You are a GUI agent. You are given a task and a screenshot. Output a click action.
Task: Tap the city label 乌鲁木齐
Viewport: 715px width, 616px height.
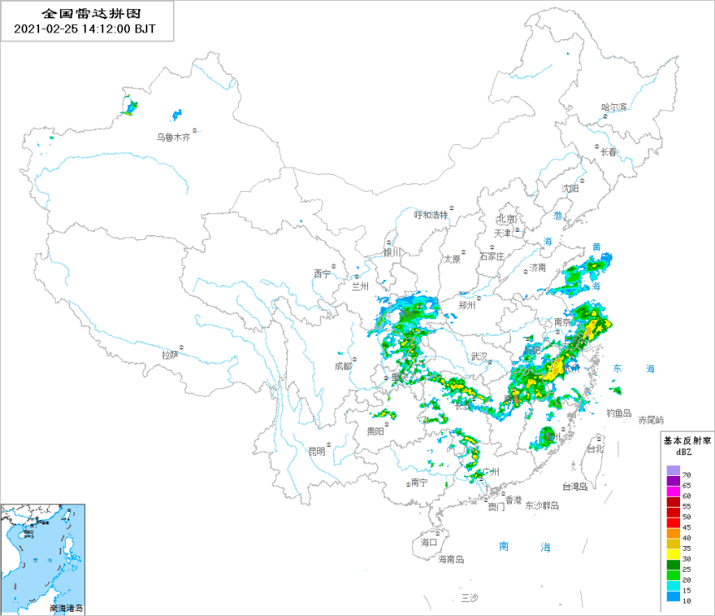(174, 138)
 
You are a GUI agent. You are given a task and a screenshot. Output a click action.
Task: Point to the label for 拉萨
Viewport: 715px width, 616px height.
(170, 354)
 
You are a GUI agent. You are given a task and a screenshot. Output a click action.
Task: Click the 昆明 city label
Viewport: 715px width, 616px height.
(316, 452)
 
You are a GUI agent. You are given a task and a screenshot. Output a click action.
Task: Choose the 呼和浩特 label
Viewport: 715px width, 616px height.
(431, 214)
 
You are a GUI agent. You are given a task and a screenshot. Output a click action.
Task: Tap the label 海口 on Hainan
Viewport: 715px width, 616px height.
(429, 542)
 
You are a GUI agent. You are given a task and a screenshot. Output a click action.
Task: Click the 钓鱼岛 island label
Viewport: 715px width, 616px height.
(618, 413)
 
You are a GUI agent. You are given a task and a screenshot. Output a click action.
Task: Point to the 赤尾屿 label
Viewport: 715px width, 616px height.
(651, 419)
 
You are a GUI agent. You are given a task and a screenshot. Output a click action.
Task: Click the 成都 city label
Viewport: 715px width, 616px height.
(343, 365)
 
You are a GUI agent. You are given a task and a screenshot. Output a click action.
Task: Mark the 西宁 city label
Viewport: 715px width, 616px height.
(322, 273)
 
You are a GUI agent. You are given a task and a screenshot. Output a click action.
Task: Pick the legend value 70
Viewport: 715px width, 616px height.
(686, 474)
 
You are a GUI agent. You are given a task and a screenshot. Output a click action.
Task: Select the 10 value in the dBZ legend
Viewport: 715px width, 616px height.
(686, 599)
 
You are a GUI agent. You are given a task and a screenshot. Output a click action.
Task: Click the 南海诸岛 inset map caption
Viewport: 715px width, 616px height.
(67, 608)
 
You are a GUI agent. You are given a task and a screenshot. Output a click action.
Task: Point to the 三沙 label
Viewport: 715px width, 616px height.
(469, 598)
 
